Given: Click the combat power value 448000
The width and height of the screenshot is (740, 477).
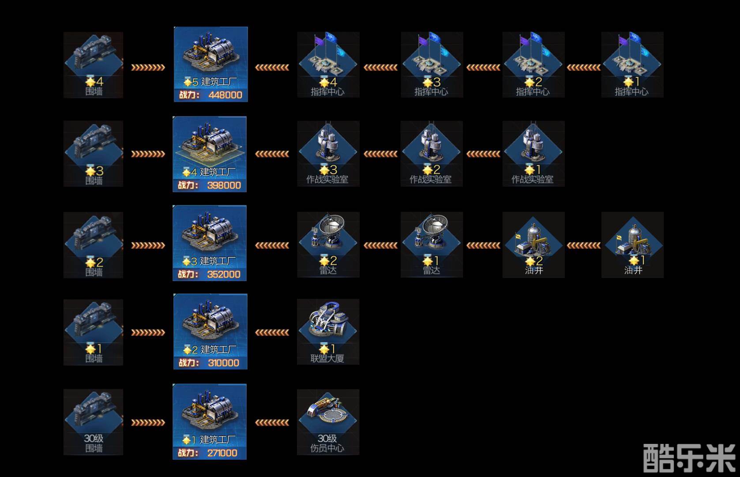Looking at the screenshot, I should click(x=225, y=95).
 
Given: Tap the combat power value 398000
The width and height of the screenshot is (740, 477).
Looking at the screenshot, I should click(x=224, y=185).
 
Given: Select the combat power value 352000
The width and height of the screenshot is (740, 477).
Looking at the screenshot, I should click(x=224, y=274).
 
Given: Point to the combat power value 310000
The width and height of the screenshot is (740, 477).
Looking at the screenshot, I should click(x=223, y=363).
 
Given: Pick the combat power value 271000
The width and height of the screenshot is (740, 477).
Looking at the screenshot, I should click(x=222, y=453).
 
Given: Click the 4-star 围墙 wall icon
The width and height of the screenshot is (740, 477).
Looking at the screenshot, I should click(x=93, y=62).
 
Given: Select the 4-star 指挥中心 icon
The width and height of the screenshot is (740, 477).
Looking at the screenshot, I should click(x=328, y=62).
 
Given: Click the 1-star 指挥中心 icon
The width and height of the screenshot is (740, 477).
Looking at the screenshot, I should click(x=632, y=62).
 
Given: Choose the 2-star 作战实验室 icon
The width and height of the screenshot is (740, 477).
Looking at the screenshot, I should click(x=431, y=150).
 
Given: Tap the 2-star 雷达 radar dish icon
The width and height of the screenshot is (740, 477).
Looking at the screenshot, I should click(x=328, y=240).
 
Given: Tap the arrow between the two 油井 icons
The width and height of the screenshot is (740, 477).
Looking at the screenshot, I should click(x=583, y=245).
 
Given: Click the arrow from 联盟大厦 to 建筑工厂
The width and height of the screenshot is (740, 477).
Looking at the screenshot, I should click(x=272, y=333).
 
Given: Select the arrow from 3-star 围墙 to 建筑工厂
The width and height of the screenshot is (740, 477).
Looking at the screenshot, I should click(x=148, y=154).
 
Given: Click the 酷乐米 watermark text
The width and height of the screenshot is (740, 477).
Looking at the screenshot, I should click(x=689, y=458).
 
